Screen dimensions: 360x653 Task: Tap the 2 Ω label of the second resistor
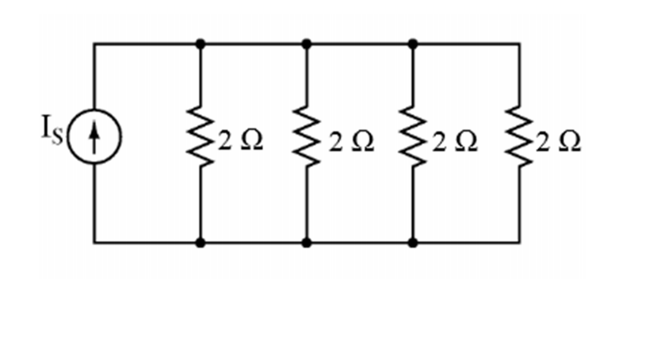[348, 142]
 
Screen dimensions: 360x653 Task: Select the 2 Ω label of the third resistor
[454, 142]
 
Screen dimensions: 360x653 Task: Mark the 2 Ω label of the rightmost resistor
[558, 142]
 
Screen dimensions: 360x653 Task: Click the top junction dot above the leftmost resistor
[200, 44]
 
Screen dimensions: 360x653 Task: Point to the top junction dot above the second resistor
[307, 44]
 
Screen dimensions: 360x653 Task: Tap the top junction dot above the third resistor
[413, 44]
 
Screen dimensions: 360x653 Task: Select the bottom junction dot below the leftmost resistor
[200, 242]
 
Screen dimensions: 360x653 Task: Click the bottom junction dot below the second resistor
[307, 242]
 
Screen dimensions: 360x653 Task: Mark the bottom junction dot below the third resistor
[413, 242]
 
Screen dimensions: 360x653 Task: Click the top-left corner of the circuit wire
[94, 44]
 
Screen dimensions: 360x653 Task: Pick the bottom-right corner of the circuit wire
[519, 242]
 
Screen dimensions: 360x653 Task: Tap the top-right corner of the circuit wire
[519, 44]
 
